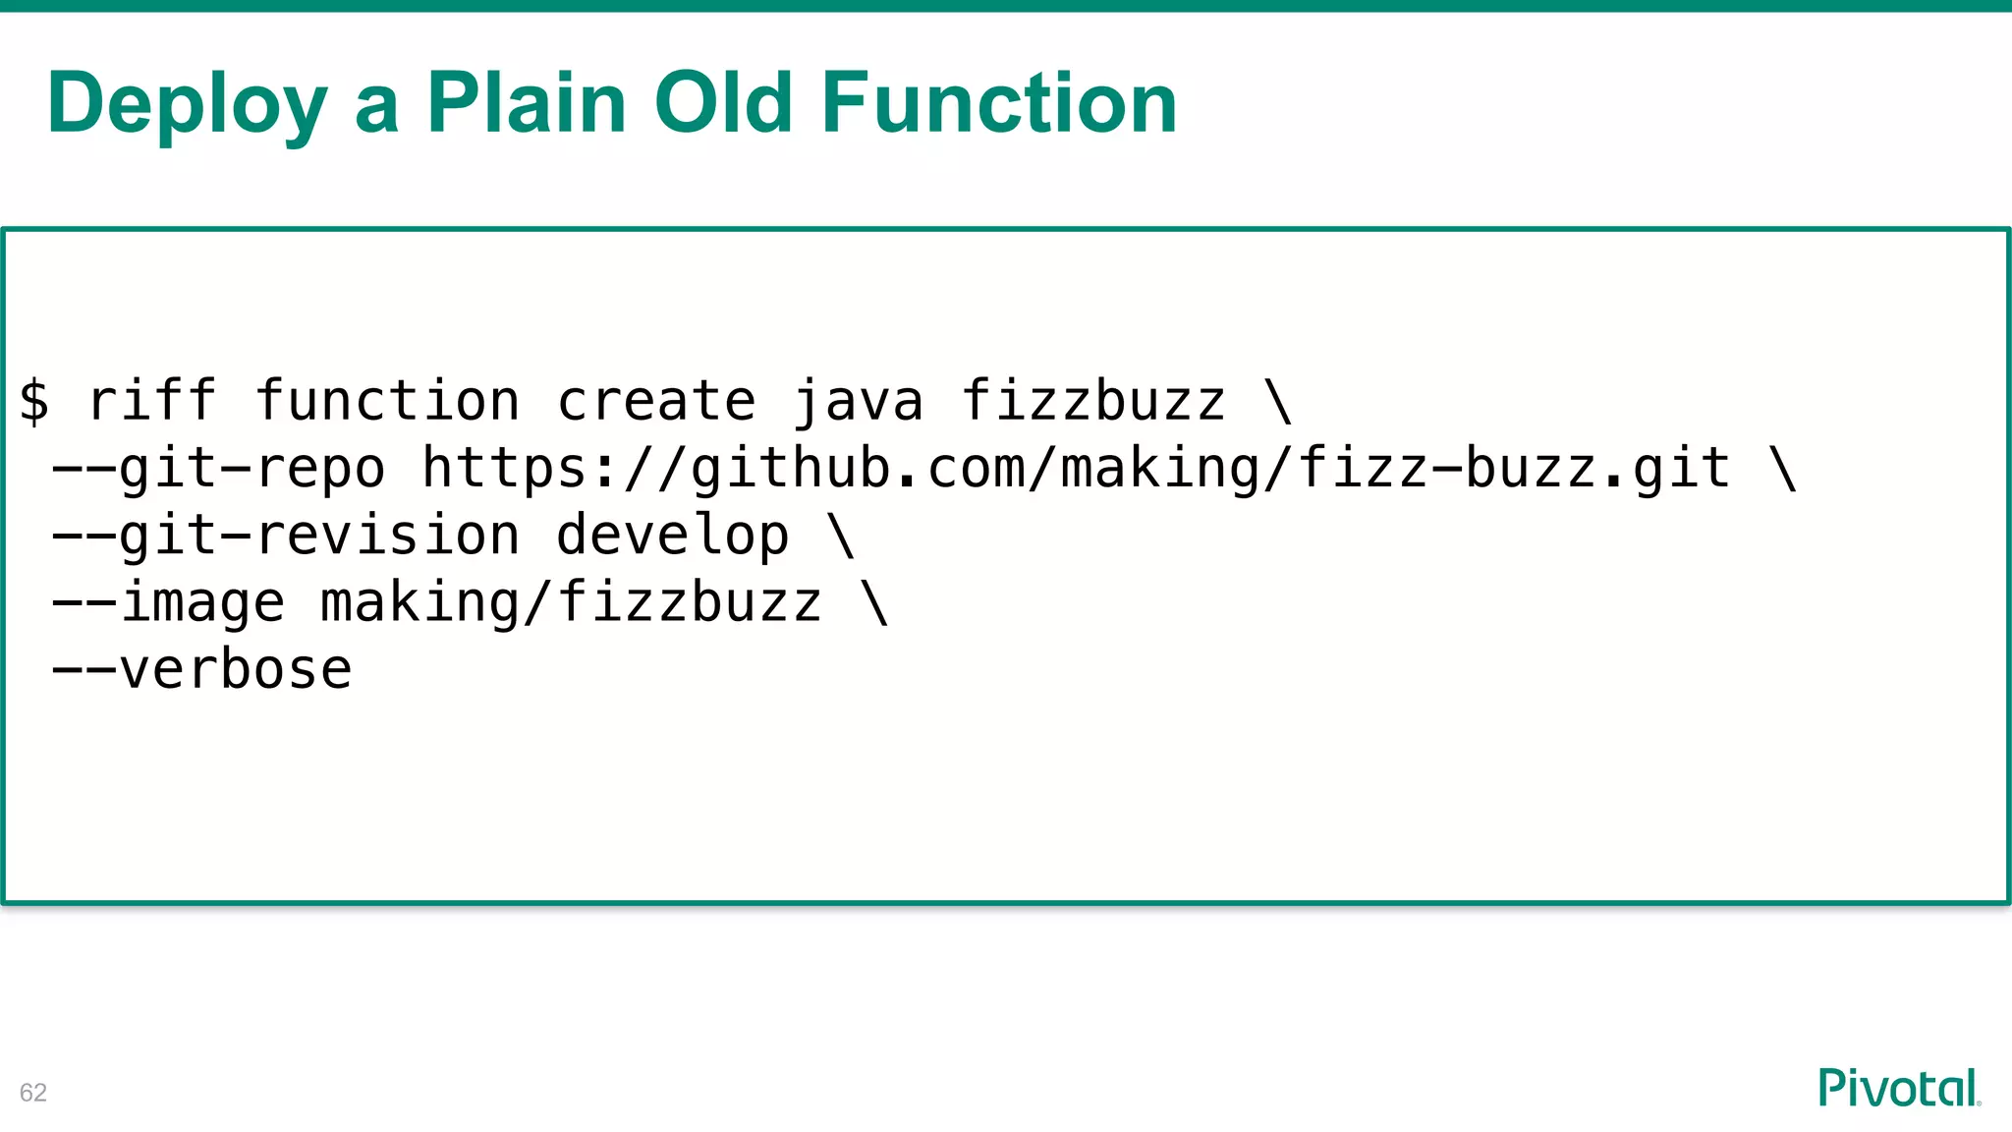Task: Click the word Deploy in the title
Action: click(187, 104)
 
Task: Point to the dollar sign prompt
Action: click(34, 402)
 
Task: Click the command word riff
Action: click(151, 402)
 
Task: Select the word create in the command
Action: click(656, 402)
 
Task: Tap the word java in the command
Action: click(858, 402)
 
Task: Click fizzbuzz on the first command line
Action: click(1092, 402)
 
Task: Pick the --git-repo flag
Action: click(218, 469)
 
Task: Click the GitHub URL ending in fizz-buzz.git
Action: click(1076, 469)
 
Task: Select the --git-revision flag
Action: click(285, 536)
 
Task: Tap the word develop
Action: click(672, 536)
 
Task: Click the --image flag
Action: click(168, 602)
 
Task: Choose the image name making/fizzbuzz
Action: click(571, 602)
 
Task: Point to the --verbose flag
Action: click(201, 670)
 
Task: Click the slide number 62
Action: click(33, 1093)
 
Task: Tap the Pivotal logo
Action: click(1898, 1088)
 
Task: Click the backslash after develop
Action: click(842, 536)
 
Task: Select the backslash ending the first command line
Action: click(1278, 402)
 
